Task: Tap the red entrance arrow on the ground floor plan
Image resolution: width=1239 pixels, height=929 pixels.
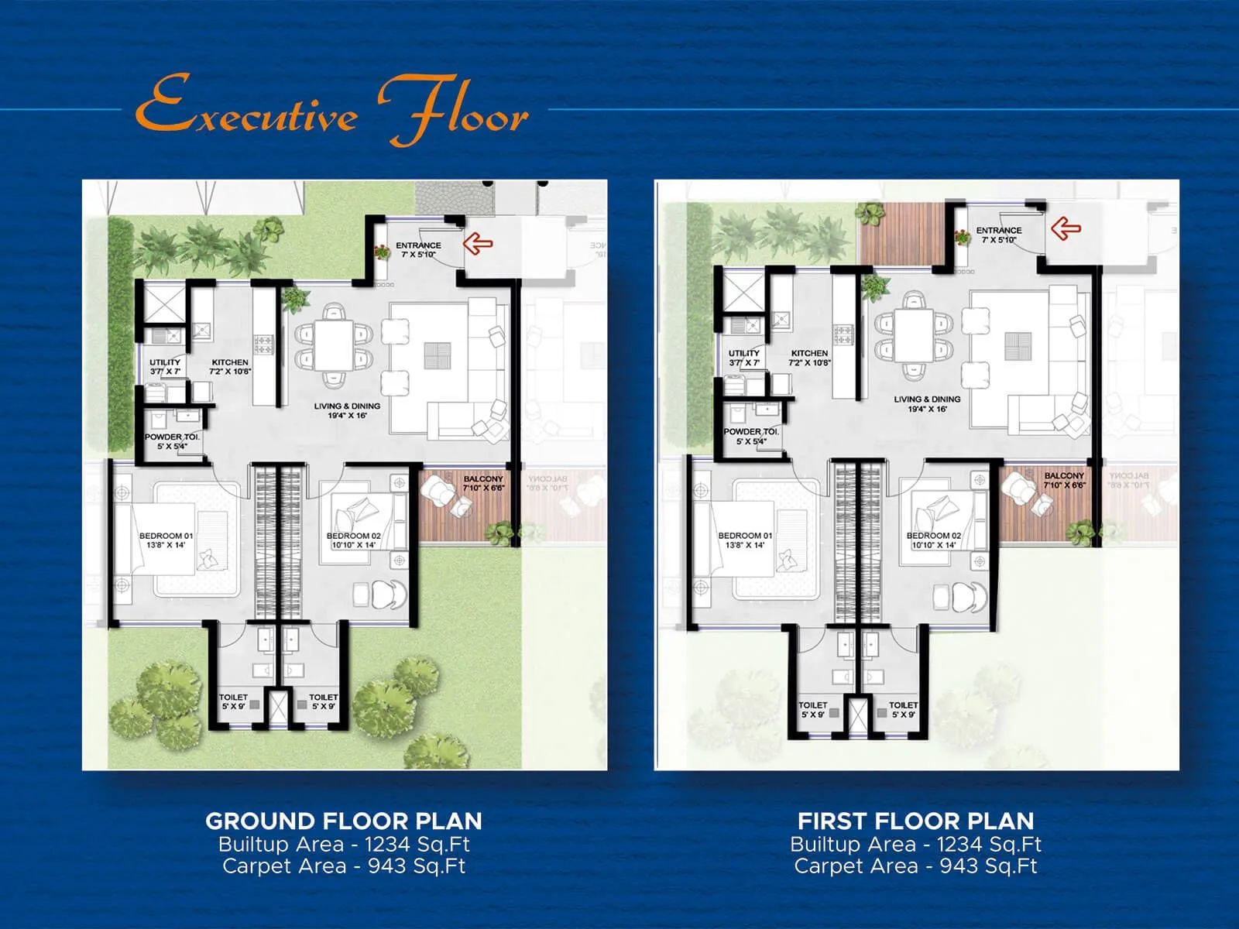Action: (478, 244)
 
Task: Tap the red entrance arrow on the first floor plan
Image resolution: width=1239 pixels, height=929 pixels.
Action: (1066, 228)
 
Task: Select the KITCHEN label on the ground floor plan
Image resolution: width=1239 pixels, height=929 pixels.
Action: (230, 362)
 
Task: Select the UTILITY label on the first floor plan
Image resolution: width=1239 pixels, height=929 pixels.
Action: (744, 353)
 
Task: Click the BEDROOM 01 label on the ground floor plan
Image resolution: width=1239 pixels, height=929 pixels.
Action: (166, 536)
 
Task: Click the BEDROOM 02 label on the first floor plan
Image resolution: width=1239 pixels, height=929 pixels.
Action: (934, 536)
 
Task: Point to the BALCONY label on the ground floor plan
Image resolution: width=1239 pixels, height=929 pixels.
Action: (483, 479)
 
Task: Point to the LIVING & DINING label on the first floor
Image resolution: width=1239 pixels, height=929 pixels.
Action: (927, 399)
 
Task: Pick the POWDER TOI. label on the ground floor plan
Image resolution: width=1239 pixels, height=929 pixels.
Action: (172, 437)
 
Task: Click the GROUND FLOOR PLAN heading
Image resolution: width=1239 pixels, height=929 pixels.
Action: (344, 821)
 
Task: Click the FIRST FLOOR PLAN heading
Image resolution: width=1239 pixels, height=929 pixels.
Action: (916, 821)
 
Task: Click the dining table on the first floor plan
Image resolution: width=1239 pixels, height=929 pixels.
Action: (914, 335)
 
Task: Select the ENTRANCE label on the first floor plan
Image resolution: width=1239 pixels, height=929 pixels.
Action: (999, 230)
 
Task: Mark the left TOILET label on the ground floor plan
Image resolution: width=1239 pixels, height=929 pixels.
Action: (233, 698)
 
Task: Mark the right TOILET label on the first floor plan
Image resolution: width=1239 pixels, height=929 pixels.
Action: (903, 705)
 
